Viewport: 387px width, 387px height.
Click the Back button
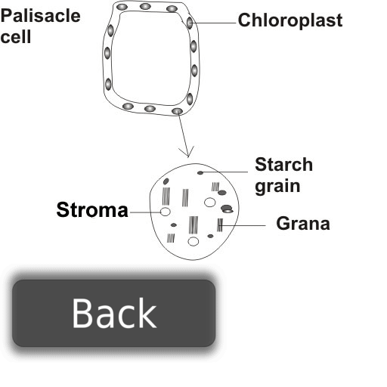[114, 313]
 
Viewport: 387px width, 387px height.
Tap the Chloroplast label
[290, 20]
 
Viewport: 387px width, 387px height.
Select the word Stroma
[92, 209]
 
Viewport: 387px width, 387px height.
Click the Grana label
[303, 224]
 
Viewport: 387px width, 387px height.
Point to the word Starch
[284, 165]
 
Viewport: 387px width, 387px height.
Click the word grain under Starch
[277, 187]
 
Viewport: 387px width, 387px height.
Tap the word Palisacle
[40, 16]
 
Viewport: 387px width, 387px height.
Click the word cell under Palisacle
[16, 37]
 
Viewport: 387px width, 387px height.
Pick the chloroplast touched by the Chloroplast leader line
[190, 23]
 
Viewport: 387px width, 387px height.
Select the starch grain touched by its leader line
[200, 173]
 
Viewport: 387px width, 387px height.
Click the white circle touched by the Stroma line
[166, 212]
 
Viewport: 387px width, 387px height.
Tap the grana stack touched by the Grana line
[220, 225]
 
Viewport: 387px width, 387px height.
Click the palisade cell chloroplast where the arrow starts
[177, 111]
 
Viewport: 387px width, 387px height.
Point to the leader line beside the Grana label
[243, 225]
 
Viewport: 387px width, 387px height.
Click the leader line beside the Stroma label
[145, 212]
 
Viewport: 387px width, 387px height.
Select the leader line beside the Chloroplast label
[213, 23]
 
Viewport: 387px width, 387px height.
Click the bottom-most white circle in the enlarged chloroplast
[193, 241]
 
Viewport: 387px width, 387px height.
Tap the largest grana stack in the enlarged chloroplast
[193, 224]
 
